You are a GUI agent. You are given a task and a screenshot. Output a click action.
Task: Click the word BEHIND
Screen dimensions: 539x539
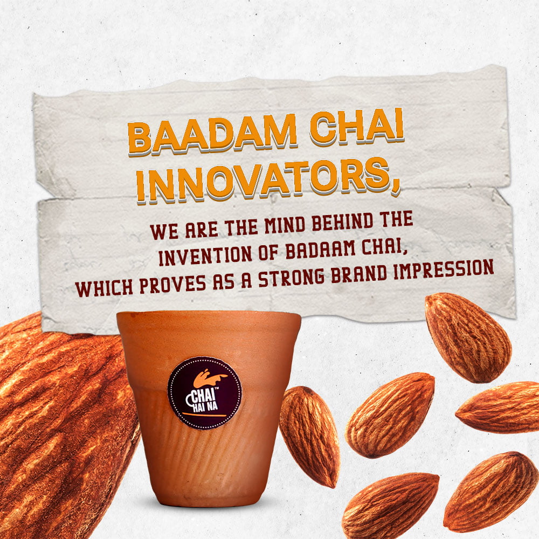(342, 222)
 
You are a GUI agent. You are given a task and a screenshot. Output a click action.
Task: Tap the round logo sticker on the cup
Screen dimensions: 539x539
(204, 393)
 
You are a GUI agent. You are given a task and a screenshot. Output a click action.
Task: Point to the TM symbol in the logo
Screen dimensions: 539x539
(217, 389)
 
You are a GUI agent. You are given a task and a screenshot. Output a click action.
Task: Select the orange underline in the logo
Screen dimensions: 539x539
(204, 413)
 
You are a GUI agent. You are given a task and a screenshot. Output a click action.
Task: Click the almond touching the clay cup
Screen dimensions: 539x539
(309, 436)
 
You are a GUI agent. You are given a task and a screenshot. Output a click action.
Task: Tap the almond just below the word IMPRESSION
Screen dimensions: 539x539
(468, 337)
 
